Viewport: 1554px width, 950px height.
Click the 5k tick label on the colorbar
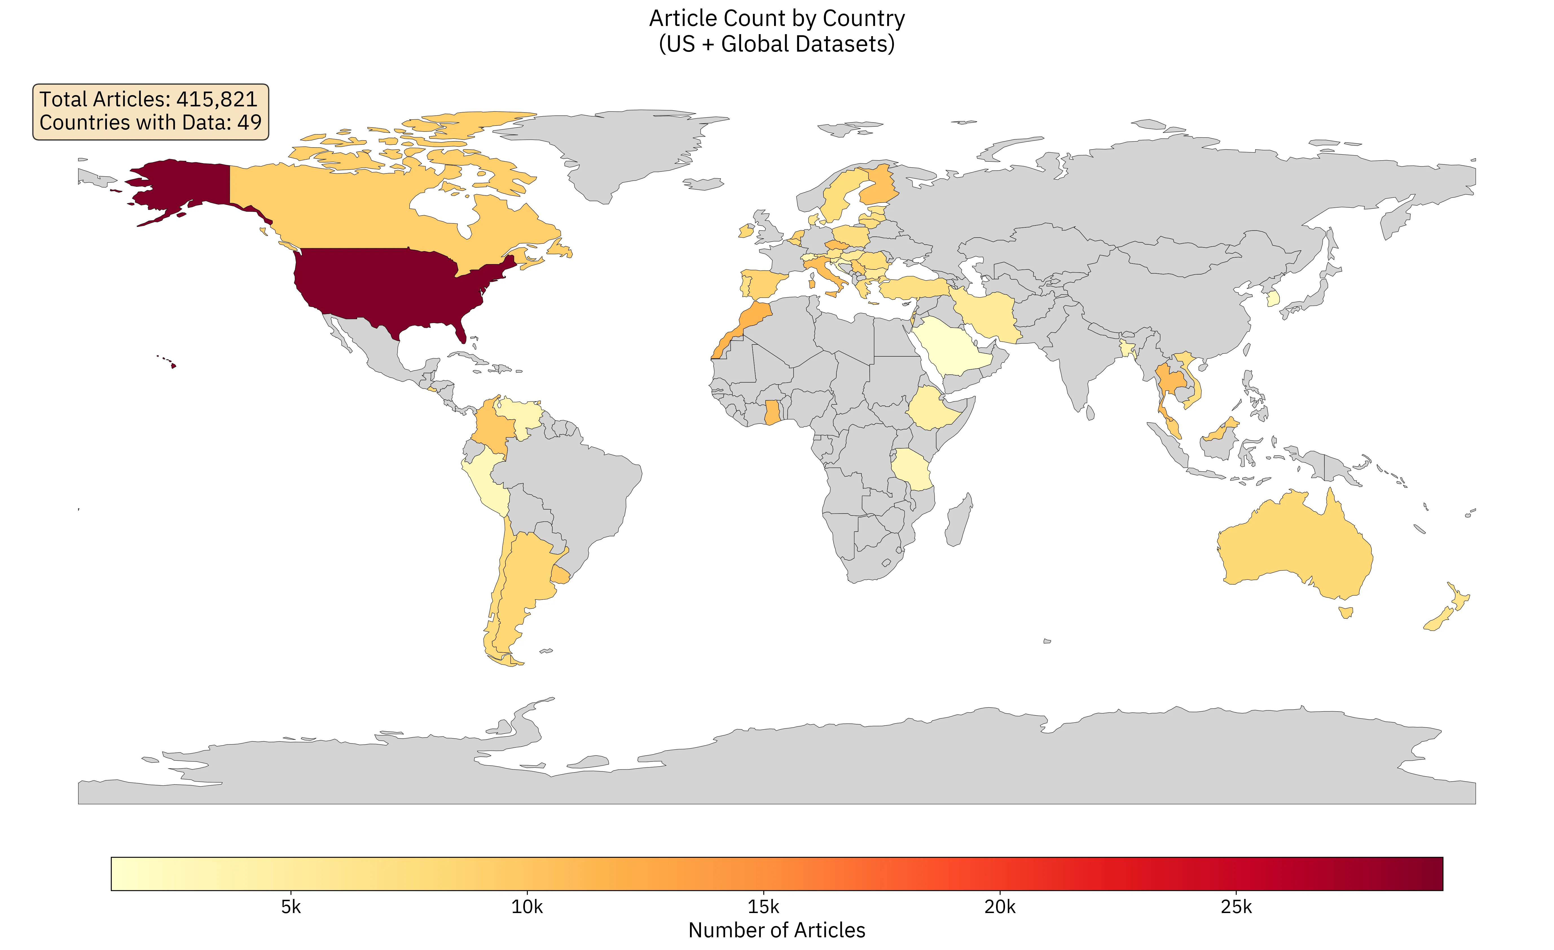291,907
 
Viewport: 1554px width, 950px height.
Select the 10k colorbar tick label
527,907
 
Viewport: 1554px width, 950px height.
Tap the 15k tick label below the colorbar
763,907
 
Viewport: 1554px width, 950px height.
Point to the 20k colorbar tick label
1000,907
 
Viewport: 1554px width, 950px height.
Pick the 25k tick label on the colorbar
1236,907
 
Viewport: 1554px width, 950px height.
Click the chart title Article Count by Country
776,18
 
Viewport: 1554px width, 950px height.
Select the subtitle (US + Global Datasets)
776,44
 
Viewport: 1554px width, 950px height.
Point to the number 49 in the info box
249,122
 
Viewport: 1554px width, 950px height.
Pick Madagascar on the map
959,520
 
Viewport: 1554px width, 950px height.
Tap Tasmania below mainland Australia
1345,612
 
